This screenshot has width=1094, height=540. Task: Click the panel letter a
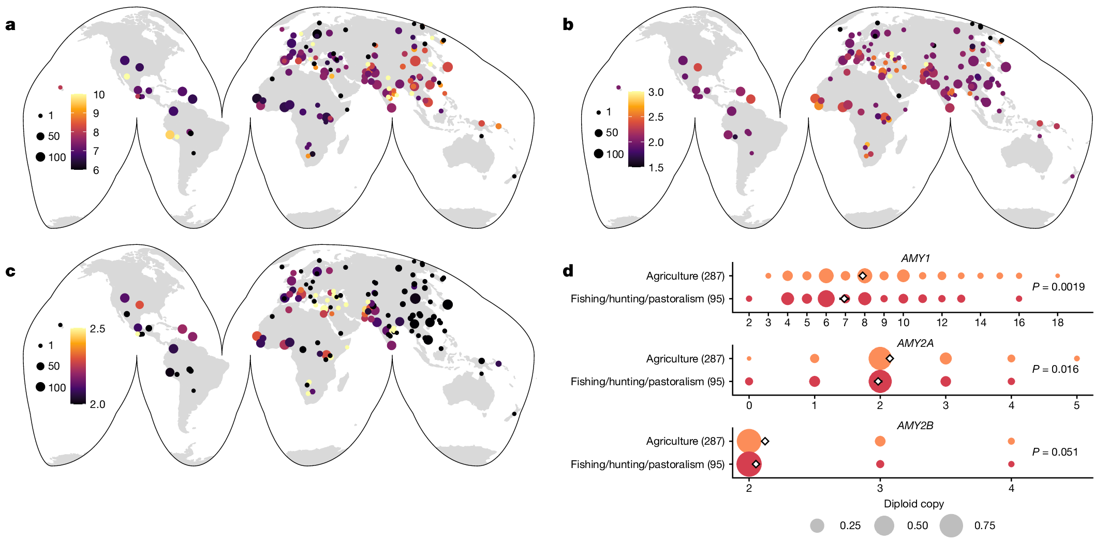pyautogui.click(x=10, y=25)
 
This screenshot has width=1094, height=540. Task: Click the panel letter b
pyautogui.click(x=568, y=25)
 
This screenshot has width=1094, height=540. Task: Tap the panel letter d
pyautogui.click(x=568, y=271)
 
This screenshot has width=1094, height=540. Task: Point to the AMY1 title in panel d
pyautogui.click(x=915, y=258)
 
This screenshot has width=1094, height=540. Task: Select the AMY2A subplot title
pyautogui.click(x=915, y=343)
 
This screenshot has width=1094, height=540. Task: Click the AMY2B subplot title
pyautogui.click(x=915, y=426)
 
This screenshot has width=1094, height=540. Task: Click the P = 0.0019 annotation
pyautogui.click(x=1058, y=287)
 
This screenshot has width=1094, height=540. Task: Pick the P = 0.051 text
pyautogui.click(x=1055, y=452)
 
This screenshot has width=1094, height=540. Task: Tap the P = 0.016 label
pyautogui.click(x=1055, y=369)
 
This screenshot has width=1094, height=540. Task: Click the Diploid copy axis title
pyautogui.click(x=913, y=504)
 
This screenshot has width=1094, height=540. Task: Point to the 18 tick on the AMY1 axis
pyautogui.click(x=1057, y=323)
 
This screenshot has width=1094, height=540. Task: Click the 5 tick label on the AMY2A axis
pyautogui.click(x=1076, y=405)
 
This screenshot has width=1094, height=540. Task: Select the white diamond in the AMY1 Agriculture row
pyautogui.click(x=863, y=276)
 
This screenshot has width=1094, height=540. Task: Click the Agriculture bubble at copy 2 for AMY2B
pyautogui.click(x=748, y=441)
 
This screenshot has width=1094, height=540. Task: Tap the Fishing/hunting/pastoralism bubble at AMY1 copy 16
pyautogui.click(x=1019, y=299)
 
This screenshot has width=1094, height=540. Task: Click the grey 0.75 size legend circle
pyautogui.click(x=951, y=526)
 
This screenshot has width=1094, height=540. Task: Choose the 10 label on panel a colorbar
pyautogui.click(x=99, y=95)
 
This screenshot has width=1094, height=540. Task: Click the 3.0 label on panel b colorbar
pyautogui.click(x=656, y=92)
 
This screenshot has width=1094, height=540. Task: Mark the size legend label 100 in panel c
pyautogui.click(x=57, y=388)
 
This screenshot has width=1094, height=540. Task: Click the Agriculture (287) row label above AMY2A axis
pyautogui.click(x=685, y=359)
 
